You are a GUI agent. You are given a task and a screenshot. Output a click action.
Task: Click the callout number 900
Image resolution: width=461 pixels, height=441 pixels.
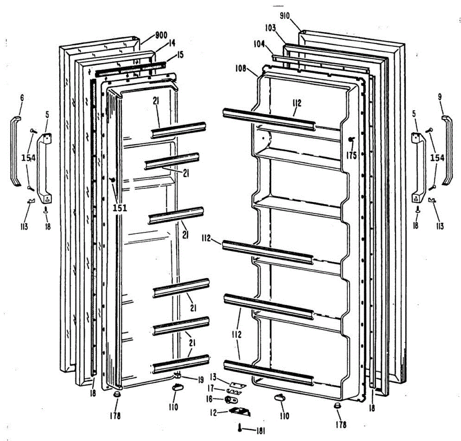point(161,35)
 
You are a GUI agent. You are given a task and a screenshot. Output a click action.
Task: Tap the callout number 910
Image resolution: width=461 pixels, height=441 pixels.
point(285,16)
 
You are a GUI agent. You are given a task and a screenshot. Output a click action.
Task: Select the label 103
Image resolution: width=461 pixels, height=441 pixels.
point(270,28)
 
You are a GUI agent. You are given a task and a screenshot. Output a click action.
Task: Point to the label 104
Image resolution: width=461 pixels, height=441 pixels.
point(259,44)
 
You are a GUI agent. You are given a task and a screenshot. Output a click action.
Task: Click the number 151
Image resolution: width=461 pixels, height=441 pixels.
point(119,208)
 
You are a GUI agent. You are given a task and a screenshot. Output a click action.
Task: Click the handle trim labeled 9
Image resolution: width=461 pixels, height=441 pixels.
point(448,150)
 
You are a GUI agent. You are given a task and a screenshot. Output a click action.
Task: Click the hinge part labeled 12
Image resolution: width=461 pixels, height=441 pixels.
point(240,412)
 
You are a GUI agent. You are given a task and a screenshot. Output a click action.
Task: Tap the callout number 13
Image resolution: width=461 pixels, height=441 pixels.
point(213,376)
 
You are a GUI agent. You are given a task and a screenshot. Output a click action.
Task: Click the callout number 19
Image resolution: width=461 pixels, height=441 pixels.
point(201,380)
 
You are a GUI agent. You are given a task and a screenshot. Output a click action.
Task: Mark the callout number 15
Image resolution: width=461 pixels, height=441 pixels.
point(181,56)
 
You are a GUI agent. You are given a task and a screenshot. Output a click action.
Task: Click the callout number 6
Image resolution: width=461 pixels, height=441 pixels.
point(22,98)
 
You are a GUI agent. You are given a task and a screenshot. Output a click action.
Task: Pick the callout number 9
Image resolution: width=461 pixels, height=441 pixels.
point(440,98)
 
